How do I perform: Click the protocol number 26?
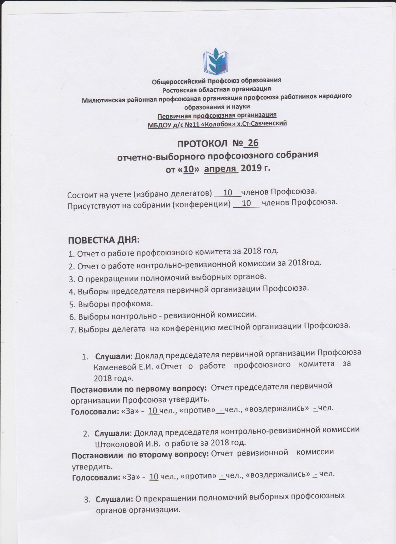click(253, 143)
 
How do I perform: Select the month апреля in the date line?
click(221, 168)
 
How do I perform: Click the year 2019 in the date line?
click(250, 168)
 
